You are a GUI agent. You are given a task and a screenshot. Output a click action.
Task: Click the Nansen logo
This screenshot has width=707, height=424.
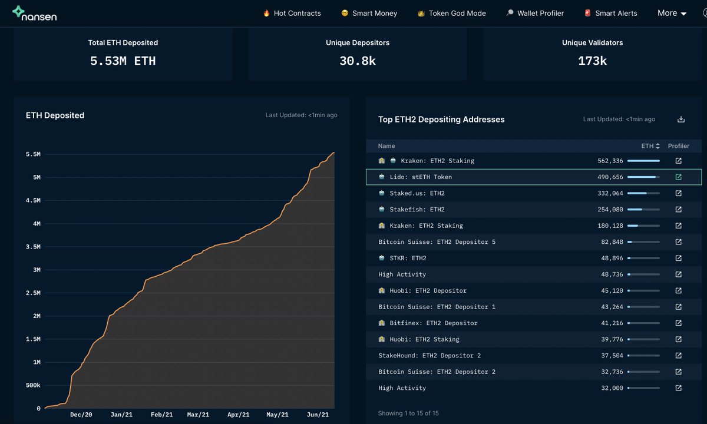click(x=35, y=14)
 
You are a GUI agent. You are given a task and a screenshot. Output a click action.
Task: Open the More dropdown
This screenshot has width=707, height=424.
click(x=672, y=13)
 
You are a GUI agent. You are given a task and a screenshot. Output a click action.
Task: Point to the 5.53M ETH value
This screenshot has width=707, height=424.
click(x=123, y=61)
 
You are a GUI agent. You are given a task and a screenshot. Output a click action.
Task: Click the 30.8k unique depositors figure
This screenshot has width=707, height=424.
click(x=357, y=61)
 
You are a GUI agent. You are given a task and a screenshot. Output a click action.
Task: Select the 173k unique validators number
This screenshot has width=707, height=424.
click(x=592, y=61)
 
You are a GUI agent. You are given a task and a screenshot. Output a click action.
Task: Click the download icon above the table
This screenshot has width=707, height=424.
click(x=681, y=119)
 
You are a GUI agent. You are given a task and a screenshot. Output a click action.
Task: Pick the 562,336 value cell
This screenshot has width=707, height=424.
click(x=610, y=161)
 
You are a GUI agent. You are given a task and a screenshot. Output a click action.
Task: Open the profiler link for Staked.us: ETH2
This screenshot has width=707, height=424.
click(x=678, y=193)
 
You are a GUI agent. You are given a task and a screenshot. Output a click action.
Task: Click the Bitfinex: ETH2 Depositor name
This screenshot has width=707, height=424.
click(x=433, y=323)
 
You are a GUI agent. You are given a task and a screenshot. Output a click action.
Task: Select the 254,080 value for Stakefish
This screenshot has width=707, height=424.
click(x=610, y=209)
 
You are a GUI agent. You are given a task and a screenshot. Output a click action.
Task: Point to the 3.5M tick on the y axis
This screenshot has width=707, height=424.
click(x=33, y=247)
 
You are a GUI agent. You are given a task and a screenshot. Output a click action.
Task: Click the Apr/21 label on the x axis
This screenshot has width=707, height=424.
click(x=237, y=415)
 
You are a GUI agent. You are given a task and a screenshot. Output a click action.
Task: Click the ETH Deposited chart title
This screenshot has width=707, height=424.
click(x=55, y=115)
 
